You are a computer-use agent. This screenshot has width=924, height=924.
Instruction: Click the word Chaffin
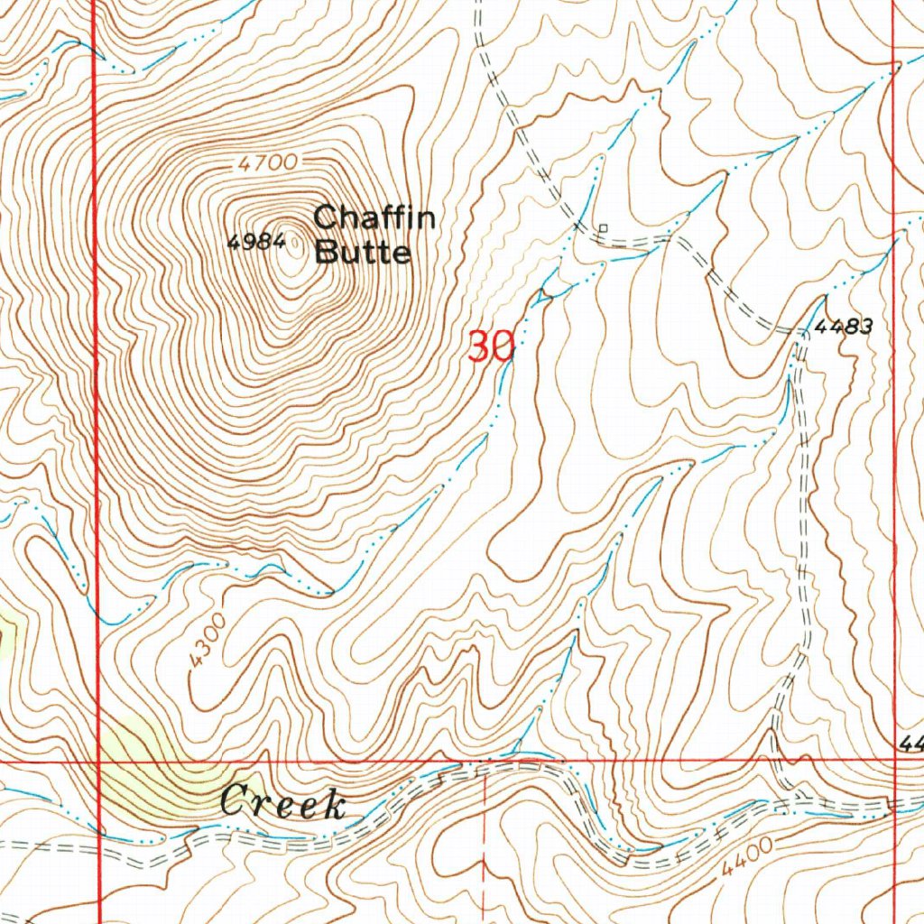pyautogui.click(x=374, y=217)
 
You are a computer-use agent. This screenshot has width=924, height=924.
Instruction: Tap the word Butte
pyautogui.click(x=363, y=252)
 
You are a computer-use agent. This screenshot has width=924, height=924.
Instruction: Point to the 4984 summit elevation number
pyautogui.click(x=256, y=242)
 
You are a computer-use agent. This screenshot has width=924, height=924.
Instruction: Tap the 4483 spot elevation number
pyautogui.click(x=843, y=328)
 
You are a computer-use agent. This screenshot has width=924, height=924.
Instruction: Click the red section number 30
pyautogui.click(x=490, y=346)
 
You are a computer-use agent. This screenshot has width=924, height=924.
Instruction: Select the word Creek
pyautogui.click(x=282, y=802)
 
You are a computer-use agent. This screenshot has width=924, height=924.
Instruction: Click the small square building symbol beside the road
pyautogui.click(x=604, y=227)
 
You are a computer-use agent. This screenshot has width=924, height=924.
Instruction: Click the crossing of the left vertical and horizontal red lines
pyautogui.click(x=97, y=761)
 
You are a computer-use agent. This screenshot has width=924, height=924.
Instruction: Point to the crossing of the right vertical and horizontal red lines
pyautogui.click(x=892, y=760)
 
